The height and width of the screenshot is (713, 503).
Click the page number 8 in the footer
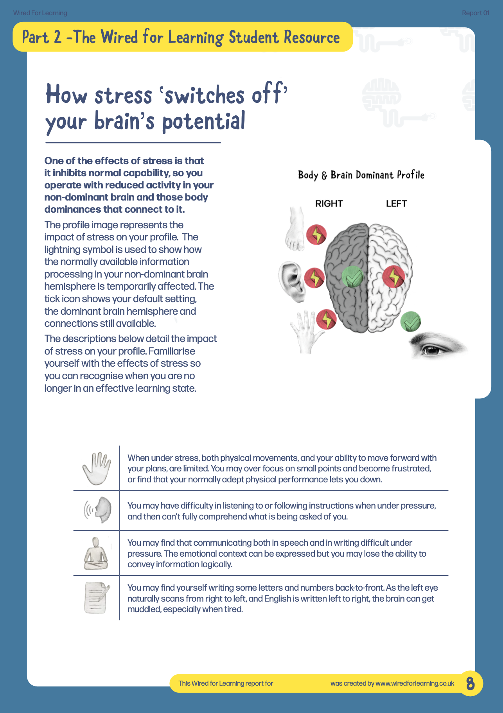(x=470, y=683)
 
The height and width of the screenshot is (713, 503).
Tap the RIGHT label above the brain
(x=329, y=204)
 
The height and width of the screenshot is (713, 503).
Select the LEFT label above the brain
(x=396, y=204)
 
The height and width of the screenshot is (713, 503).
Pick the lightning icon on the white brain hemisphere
(x=393, y=276)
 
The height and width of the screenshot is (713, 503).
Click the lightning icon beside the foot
(x=316, y=235)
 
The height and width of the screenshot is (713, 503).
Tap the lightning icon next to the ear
(x=314, y=278)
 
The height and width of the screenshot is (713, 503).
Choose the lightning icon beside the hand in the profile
(x=326, y=319)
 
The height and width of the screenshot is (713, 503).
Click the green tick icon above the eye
(x=411, y=322)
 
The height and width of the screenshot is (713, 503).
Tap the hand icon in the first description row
(x=96, y=468)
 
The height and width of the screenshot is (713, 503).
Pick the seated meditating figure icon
(x=96, y=554)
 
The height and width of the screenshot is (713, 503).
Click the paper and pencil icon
(x=96, y=597)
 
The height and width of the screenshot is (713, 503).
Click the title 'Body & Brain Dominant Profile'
(x=361, y=175)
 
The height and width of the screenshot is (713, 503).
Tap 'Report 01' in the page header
(x=475, y=13)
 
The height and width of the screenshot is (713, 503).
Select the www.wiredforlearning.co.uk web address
(x=415, y=683)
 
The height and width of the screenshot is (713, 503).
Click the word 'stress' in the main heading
(x=123, y=95)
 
